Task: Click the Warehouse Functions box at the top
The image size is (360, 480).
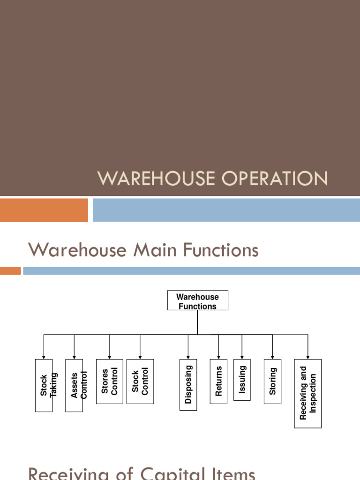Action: click(x=197, y=300)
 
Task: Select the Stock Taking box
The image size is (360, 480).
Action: click(x=44, y=385)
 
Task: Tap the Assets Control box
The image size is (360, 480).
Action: click(x=74, y=385)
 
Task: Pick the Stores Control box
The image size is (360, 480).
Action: click(x=110, y=382)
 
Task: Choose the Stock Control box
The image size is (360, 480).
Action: click(x=140, y=382)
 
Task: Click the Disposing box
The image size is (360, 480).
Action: click(x=188, y=384)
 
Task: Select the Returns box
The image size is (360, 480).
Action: click(x=218, y=381)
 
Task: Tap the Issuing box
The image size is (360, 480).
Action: click(x=242, y=380)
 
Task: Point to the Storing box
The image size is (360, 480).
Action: click(x=272, y=381)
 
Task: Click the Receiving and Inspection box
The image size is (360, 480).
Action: click(x=308, y=393)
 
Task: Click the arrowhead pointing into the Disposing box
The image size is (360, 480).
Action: click(x=188, y=357)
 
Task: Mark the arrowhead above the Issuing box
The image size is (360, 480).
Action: click(x=242, y=357)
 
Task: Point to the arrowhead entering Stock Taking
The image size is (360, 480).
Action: click(x=44, y=357)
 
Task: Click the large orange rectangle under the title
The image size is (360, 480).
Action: click(x=44, y=210)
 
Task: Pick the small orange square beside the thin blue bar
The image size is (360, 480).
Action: click(x=10, y=271)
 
